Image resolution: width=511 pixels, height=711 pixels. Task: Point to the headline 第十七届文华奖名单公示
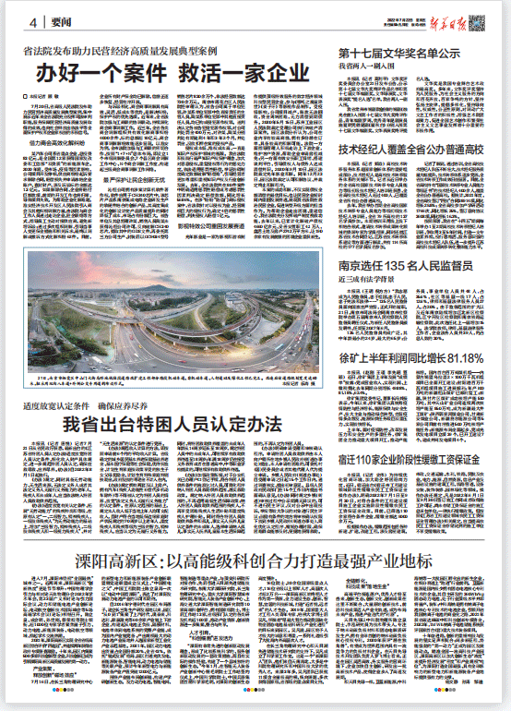pos(398,54)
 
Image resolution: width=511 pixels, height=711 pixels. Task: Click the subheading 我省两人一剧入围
pos(368,67)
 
